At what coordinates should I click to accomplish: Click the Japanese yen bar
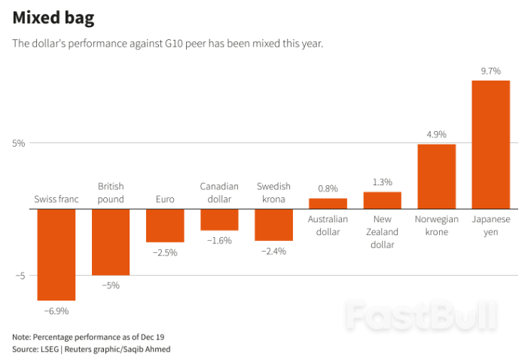[490, 145]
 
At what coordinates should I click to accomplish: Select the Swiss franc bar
[56, 255]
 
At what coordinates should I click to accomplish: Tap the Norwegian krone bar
[436, 176]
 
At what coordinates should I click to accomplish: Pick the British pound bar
[111, 242]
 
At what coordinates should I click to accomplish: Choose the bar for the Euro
[165, 225]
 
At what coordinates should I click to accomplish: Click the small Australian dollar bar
[328, 203]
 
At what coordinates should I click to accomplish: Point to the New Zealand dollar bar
[382, 200]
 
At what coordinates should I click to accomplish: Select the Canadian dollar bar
[219, 219]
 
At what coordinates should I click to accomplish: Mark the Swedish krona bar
[273, 224]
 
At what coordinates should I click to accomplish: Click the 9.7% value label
[490, 71]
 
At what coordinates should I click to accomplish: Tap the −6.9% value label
[56, 310]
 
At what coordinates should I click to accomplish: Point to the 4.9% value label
[436, 134]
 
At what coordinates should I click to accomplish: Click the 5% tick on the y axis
[18, 143]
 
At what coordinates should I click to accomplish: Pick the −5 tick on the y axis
[20, 276]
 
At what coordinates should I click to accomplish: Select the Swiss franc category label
[56, 200]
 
